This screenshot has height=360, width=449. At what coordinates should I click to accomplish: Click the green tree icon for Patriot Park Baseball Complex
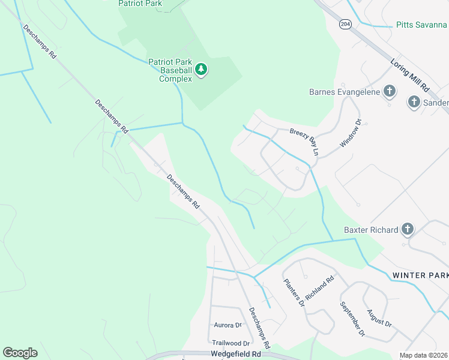pos(201,70)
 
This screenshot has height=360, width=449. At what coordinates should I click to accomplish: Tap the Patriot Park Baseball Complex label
pos(171,70)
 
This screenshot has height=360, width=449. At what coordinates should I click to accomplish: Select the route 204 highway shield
pos(343,25)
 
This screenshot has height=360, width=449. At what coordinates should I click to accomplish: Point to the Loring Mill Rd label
pos(410,74)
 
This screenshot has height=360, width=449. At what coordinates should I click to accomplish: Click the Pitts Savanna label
pos(421,25)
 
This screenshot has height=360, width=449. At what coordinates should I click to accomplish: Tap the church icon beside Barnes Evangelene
pos(389,91)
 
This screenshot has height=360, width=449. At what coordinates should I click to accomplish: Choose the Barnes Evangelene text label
pos(344,92)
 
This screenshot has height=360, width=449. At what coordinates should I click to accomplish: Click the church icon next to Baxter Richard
pos(408,229)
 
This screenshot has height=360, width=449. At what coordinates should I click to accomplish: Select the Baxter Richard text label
pos(371,230)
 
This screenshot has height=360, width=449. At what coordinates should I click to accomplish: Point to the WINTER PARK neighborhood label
pos(420,275)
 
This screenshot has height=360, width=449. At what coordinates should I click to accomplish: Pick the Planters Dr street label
pos(295,293)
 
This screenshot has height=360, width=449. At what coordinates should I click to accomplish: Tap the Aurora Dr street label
pos(228,325)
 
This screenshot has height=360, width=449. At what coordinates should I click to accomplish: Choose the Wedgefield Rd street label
pos(236,354)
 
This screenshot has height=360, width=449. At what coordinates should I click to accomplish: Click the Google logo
pos(20,353)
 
